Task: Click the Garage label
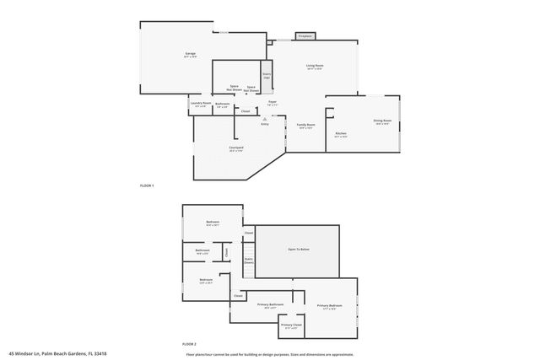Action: tap(191, 54)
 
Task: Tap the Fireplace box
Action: tap(305, 36)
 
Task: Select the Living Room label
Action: tap(315, 66)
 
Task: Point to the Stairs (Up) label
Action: tap(267, 76)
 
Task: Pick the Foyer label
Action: tap(273, 103)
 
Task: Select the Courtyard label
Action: tap(236, 148)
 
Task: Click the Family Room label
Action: tap(305, 126)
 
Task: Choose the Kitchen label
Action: tap(341, 134)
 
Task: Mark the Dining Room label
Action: tap(382, 121)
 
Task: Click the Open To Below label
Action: tap(298, 250)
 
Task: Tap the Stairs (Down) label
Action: tap(249, 261)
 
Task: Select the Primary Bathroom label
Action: tap(270, 306)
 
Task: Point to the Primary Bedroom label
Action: tap(329, 305)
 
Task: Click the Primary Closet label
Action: tap(291, 325)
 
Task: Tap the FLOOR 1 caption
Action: tap(147, 185)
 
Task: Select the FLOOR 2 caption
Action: tap(189, 345)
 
